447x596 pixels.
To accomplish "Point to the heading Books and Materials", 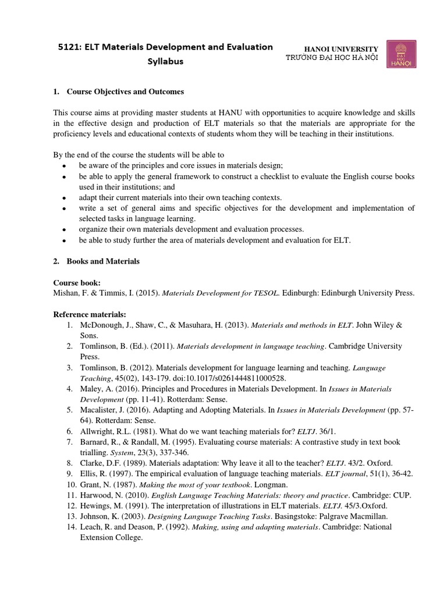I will pyautogui.click(x=103, y=261).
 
